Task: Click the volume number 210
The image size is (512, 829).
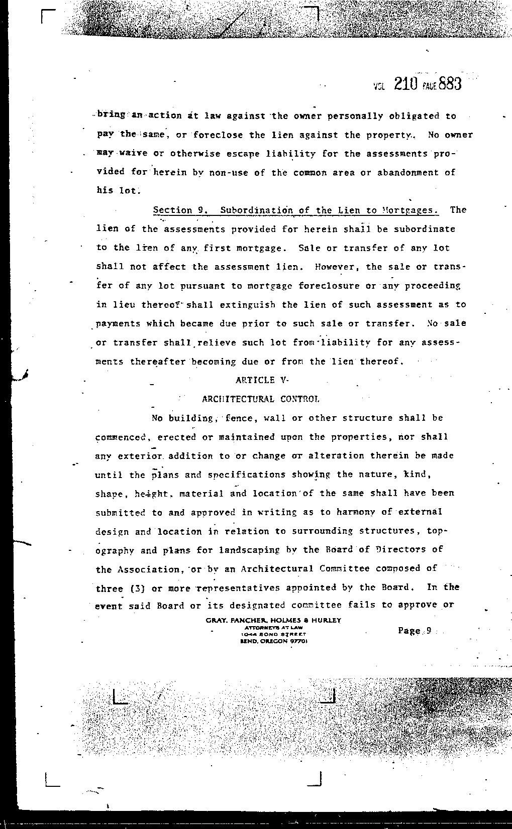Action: point(406,84)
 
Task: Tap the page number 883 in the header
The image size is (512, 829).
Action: point(449,83)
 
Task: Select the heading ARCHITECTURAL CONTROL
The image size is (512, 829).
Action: point(260,399)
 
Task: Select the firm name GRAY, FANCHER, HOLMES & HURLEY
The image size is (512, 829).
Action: point(273,620)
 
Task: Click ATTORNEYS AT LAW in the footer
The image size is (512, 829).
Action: point(273,628)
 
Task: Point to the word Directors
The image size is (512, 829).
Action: point(400,549)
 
